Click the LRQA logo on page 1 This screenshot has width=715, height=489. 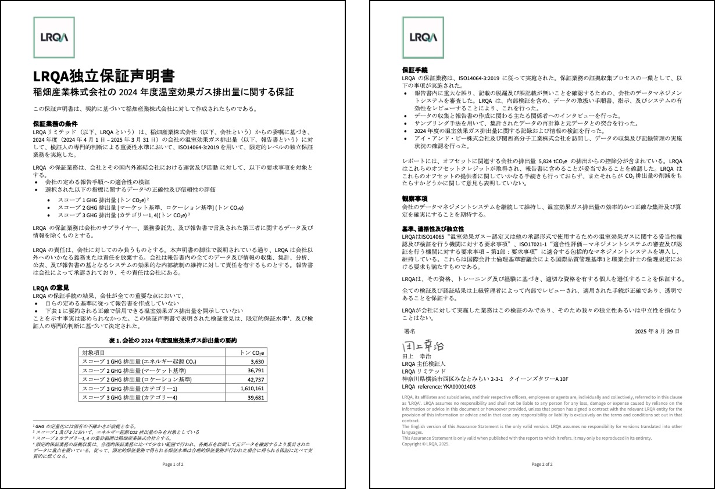click(x=55, y=37)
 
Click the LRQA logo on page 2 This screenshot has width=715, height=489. click(x=423, y=37)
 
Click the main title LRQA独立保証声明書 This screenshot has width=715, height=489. click(x=104, y=77)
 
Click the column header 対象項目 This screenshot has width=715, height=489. click(x=94, y=353)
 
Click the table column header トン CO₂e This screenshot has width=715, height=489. click(x=252, y=353)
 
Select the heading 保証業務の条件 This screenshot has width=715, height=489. click(x=55, y=124)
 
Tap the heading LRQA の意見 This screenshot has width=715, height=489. click(x=51, y=287)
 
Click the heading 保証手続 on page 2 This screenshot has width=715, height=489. click(x=414, y=70)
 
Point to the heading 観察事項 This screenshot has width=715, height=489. click(x=414, y=199)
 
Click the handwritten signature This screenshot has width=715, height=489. click(x=423, y=345)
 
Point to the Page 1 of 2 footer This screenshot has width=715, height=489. click(x=173, y=465)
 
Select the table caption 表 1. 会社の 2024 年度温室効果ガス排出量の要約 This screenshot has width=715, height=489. click(x=173, y=340)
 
